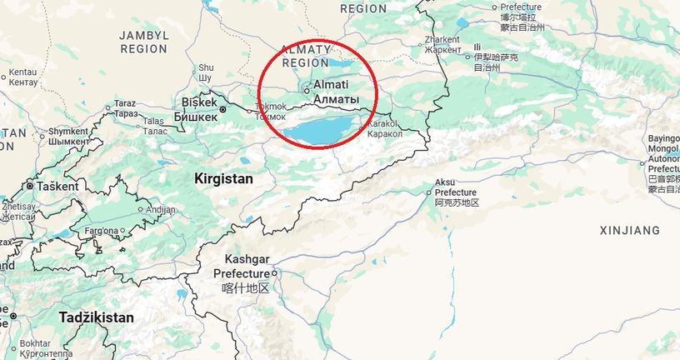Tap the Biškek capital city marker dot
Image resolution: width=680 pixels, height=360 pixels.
tap(222, 109)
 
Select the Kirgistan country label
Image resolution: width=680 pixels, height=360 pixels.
tap(223, 179)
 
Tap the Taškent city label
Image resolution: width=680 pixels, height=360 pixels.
tap(57, 186)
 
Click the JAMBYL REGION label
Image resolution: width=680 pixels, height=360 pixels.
tap(144, 42)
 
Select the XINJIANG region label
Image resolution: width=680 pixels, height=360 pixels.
tap(629, 230)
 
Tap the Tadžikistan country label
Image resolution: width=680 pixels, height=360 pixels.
tap(96, 317)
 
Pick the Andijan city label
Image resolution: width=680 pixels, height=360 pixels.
tap(161, 210)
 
